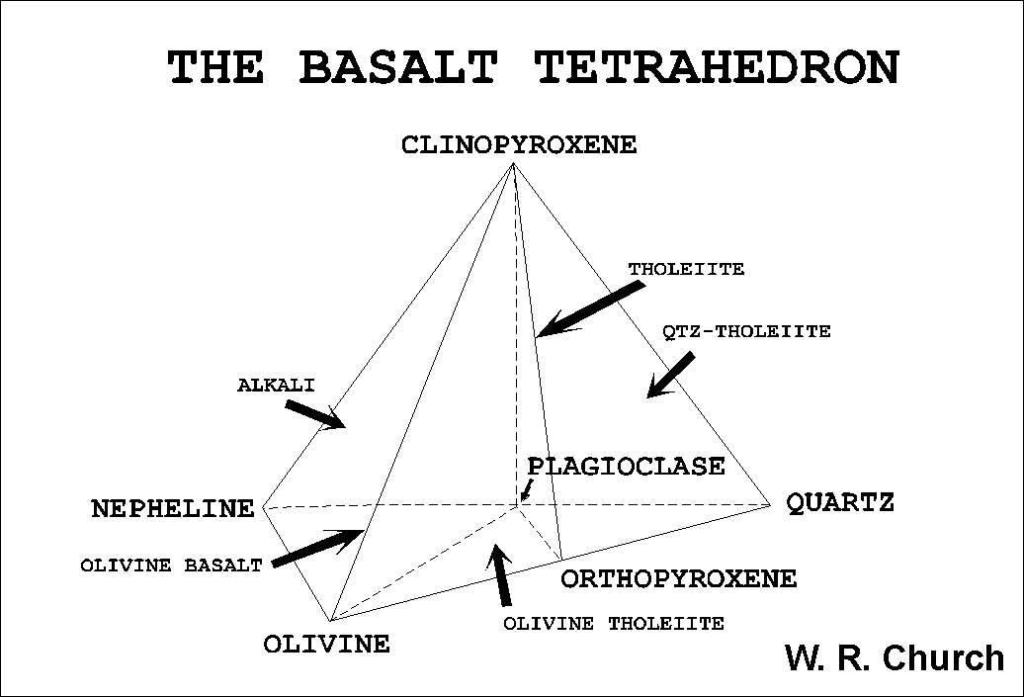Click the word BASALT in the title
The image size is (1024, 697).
point(397,67)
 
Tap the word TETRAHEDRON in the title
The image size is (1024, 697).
point(718,67)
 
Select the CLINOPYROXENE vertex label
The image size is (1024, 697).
point(519,144)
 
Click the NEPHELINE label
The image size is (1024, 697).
point(173,508)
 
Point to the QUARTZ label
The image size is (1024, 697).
point(840,503)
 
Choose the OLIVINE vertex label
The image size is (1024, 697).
point(326,644)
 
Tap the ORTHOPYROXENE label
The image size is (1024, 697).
point(679,578)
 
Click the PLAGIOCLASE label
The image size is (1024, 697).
point(627,467)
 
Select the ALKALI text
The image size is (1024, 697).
point(276,385)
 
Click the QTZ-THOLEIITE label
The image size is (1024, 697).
point(746,331)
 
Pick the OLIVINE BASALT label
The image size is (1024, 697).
point(171,566)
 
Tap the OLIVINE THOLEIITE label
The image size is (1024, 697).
point(614,624)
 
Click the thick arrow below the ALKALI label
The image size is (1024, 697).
point(315,415)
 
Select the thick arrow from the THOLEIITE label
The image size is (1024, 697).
point(590,309)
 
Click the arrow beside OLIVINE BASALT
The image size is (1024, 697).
point(318,548)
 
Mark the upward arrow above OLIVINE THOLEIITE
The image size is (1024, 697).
point(500,574)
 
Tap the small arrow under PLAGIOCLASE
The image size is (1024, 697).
point(527,491)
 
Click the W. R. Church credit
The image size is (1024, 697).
point(895,657)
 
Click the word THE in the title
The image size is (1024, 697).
point(216,67)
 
